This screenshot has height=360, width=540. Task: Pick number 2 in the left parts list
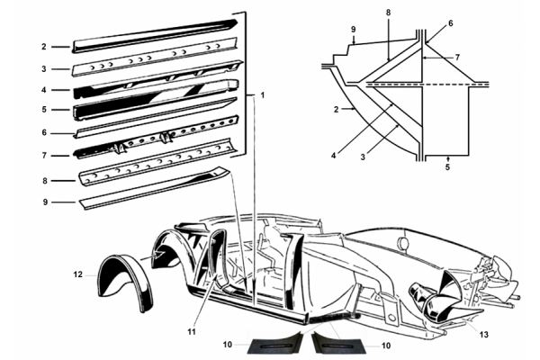[x=42, y=46]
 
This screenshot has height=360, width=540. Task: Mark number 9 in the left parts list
[x=42, y=201]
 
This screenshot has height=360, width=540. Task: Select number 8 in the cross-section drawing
[x=389, y=13]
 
